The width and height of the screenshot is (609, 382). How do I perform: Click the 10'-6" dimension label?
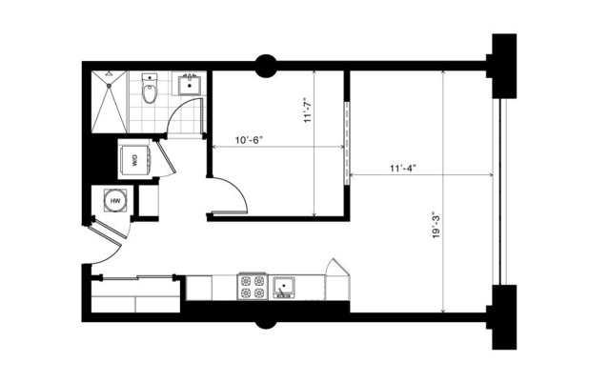tap(248, 140)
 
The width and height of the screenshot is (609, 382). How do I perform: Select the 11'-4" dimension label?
tap(403, 168)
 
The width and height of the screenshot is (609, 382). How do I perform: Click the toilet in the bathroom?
tap(150, 90)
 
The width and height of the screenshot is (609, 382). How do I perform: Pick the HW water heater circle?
tap(115, 201)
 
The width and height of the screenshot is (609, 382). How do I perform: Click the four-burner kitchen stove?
tap(252, 286)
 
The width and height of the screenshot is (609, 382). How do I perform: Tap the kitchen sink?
tap(284, 286)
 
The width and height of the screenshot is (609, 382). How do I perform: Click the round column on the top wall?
tap(265, 66)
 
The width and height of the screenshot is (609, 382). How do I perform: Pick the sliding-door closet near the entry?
tap(135, 293)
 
